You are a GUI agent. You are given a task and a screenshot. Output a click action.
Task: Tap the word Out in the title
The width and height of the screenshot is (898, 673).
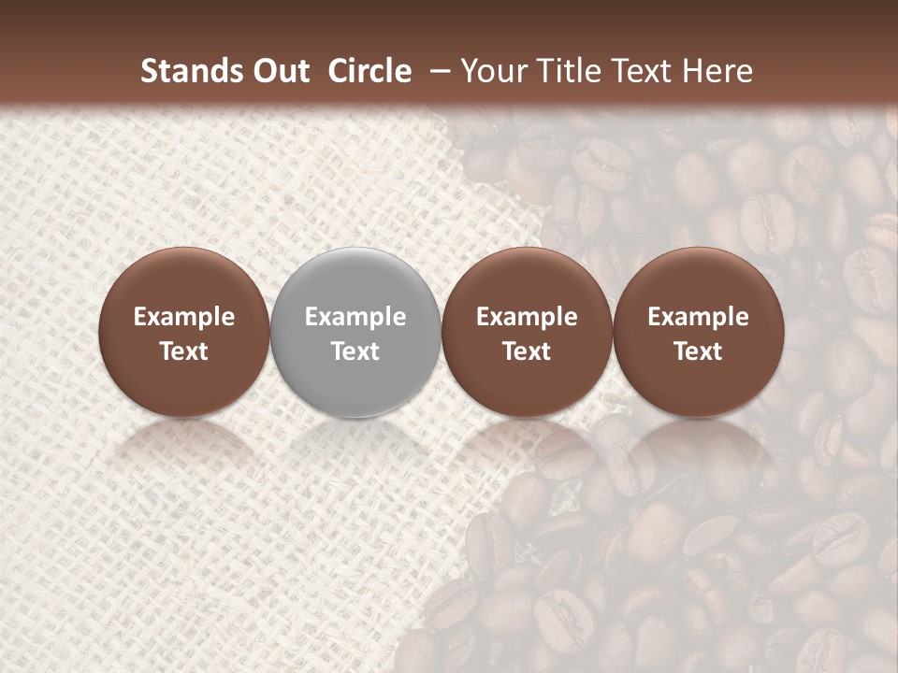click(280, 71)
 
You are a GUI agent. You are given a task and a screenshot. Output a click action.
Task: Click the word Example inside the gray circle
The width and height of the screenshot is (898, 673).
click(355, 317)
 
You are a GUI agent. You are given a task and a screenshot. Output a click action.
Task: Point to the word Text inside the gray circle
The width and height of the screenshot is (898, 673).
click(355, 351)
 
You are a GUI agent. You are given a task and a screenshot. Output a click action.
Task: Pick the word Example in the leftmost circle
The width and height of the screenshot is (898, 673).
click(184, 317)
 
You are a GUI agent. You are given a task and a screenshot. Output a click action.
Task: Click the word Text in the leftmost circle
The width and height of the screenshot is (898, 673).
click(184, 351)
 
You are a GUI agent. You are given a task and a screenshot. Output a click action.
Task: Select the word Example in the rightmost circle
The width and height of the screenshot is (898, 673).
click(699, 317)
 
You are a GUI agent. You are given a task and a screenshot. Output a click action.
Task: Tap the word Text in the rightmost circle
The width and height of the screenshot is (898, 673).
click(699, 351)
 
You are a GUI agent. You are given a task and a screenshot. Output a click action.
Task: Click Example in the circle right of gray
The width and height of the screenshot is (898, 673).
click(527, 317)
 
